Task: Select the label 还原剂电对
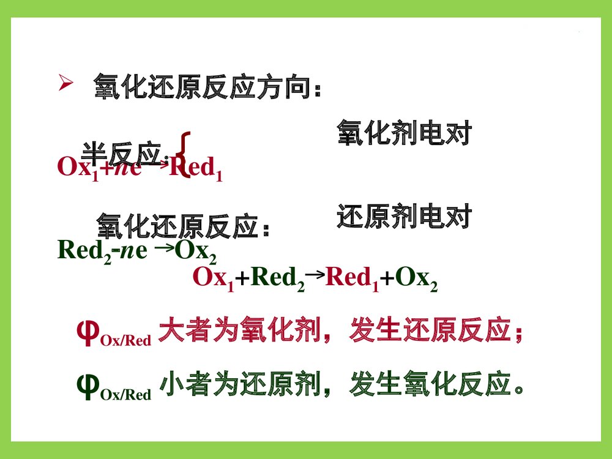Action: (404, 217)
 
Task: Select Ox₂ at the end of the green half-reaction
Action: (195, 251)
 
